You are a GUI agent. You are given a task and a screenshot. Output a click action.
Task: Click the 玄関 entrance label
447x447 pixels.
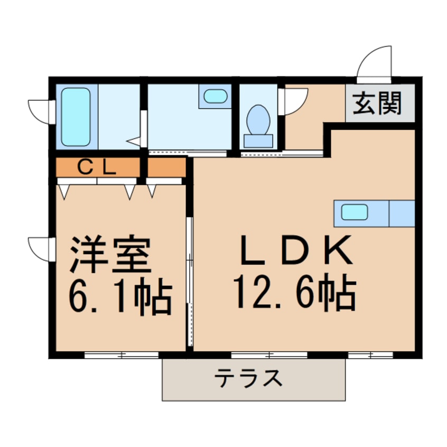pyautogui.click(x=378, y=104)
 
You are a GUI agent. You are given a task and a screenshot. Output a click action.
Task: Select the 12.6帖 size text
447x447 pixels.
pyautogui.click(x=294, y=293)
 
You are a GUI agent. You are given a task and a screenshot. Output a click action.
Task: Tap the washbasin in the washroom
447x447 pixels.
pyautogui.click(x=215, y=96)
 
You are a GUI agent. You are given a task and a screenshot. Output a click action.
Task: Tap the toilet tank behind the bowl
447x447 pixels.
pyautogui.click(x=258, y=141)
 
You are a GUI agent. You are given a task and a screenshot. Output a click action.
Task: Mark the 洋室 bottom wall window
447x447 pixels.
pyautogui.click(x=121, y=355)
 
